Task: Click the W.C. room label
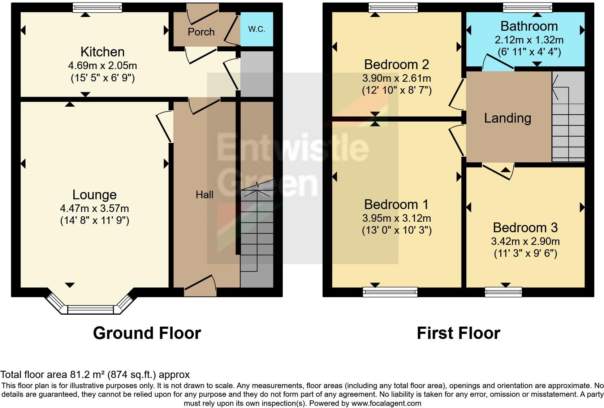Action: (x=256, y=29)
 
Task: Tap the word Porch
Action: (x=201, y=32)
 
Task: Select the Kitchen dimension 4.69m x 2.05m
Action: (x=103, y=65)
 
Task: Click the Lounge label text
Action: (x=94, y=195)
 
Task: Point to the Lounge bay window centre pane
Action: (x=91, y=310)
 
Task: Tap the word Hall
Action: (x=204, y=195)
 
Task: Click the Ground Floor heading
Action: (x=147, y=333)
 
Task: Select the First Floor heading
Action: (x=458, y=333)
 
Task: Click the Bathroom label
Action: (x=529, y=26)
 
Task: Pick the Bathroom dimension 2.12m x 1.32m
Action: (x=529, y=39)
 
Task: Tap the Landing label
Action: (x=508, y=118)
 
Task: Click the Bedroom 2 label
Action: (x=396, y=64)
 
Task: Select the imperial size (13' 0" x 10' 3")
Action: (x=397, y=230)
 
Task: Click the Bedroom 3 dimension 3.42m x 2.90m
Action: (x=525, y=241)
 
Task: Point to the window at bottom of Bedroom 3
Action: (x=503, y=291)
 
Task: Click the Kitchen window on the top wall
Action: (x=97, y=7)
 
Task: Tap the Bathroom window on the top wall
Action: (x=528, y=7)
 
